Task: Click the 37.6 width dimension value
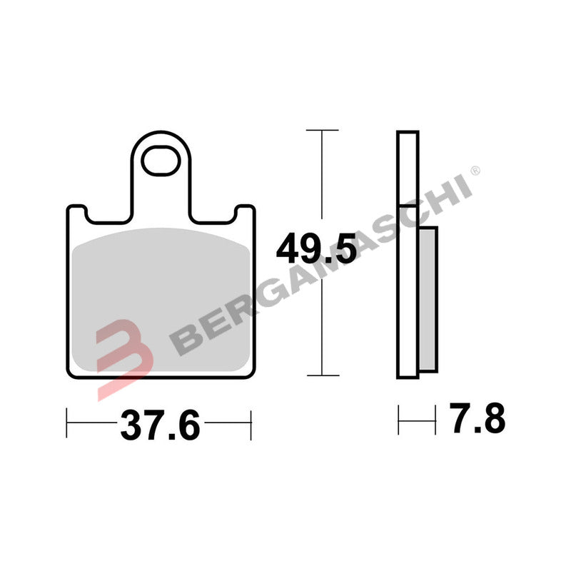point(158,425)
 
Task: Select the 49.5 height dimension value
point(315,251)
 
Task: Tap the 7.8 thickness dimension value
point(477,419)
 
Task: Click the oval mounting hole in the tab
point(160,161)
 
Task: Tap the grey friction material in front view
point(161,300)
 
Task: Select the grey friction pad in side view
point(428,300)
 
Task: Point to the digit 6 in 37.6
point(187,425)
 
